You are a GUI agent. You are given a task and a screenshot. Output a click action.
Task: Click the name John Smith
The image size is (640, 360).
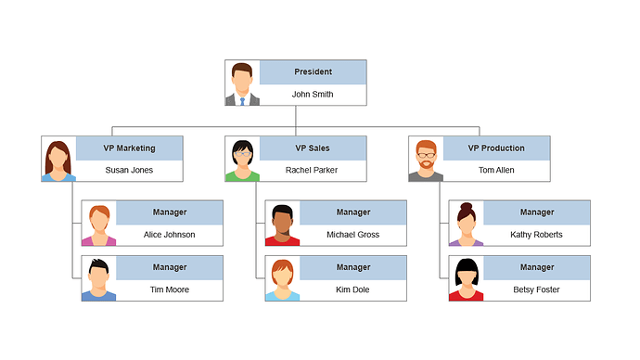(x=312, y=95)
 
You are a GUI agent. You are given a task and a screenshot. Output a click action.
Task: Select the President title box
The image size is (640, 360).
(x=313, y=72)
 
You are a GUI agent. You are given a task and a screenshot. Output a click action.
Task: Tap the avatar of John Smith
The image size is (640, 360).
(x=242, y=84)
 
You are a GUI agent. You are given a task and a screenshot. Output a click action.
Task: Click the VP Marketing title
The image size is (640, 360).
(x=129, y=148)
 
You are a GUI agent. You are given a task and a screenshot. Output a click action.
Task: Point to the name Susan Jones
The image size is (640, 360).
(x=129, y=171)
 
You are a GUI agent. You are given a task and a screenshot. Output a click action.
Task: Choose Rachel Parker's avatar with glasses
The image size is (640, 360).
(x=242, y=160)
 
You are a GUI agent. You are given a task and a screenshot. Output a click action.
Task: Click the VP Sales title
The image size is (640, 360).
(x=313, y=148)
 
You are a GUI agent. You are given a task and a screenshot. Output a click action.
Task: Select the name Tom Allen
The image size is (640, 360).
(x=496, y=171)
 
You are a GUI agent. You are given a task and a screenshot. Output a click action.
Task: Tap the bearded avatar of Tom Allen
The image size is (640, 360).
(x=426, y=160)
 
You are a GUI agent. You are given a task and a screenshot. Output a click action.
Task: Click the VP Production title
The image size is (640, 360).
(x=496, y=148)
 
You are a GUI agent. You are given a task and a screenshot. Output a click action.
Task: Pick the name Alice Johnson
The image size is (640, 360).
(x=169, y=235)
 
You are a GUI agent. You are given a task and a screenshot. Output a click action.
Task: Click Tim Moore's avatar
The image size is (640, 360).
(x=98, y=278)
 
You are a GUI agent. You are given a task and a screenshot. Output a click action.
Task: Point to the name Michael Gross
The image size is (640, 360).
(x=352, y=235)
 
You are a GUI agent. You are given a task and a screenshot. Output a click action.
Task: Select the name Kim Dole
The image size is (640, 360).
(x=352, y=289)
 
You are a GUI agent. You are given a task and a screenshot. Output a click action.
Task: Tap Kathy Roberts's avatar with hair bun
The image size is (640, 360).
(x=466, y=224)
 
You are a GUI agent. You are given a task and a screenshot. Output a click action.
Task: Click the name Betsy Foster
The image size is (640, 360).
(x=536, y=289)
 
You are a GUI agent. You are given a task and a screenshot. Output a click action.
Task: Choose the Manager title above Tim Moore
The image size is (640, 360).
(x=169, y=267)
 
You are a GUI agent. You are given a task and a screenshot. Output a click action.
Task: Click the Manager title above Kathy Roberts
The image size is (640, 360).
(x=536, y=212)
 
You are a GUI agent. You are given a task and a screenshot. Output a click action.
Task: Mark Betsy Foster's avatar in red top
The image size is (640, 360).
(x=466, y=278)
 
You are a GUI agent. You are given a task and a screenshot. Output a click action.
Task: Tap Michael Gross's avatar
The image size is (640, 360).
(x=282, y=224)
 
